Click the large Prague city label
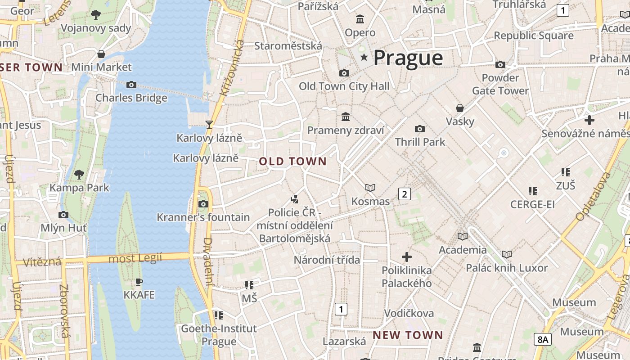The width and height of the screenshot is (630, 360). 408,58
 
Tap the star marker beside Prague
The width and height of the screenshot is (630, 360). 364,57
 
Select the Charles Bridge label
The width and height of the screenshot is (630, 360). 131,98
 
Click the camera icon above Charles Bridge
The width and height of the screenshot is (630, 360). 131,85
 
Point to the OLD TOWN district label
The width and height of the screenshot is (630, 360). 293,161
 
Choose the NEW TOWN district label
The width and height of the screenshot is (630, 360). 408,335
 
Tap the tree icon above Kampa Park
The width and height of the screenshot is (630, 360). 79,174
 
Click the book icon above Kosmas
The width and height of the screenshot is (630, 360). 370,188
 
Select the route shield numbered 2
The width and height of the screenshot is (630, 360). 405,194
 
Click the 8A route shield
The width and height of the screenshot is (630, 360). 543,339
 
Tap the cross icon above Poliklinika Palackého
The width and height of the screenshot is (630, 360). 407,257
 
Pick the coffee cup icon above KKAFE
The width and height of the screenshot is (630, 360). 139,282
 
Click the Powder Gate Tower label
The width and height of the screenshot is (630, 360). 500,84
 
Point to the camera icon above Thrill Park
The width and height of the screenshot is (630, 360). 420,129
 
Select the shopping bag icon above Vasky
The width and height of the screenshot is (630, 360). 460,108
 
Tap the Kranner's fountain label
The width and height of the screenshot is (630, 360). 203,217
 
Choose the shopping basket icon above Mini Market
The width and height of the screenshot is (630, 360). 101,54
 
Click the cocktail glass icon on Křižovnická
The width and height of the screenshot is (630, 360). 209,124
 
